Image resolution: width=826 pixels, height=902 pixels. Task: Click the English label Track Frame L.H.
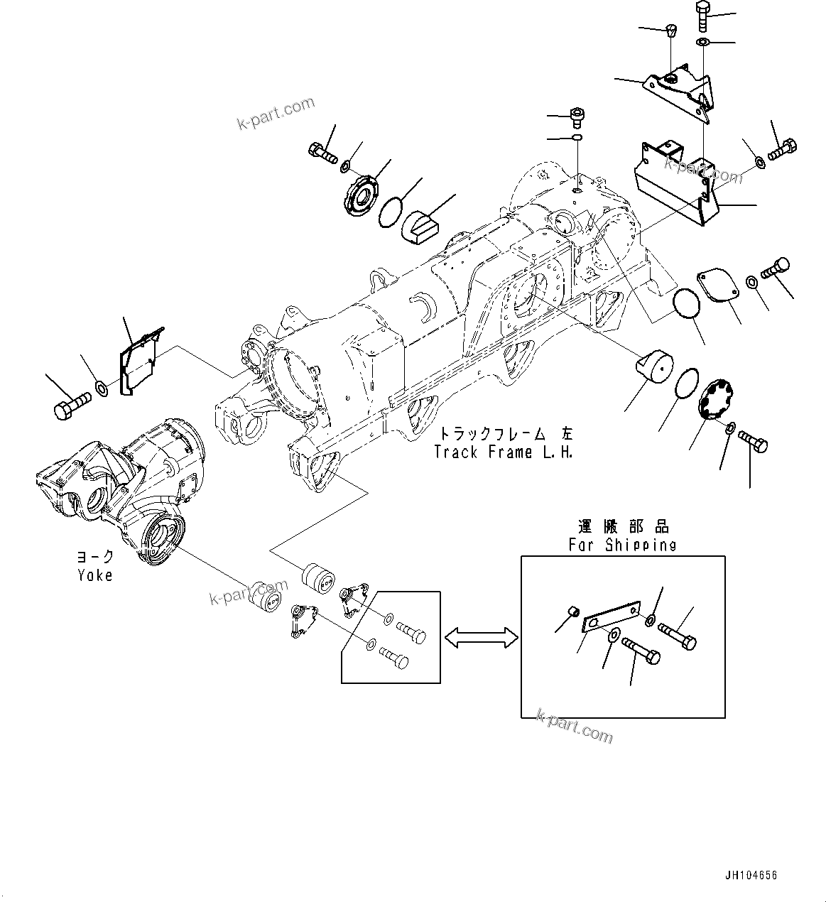[x=503, y=452]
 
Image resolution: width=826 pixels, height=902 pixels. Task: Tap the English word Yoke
[x=95, y=575]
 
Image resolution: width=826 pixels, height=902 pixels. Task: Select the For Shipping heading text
[x=622, y=545]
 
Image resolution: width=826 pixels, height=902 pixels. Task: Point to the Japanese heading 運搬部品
[x=622, y=526]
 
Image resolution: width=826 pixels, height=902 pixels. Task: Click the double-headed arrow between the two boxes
[x=481, y=637]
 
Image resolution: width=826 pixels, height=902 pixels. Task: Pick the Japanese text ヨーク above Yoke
[x=95, y=557]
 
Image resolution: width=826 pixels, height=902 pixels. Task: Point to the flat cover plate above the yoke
[x=140, y=360]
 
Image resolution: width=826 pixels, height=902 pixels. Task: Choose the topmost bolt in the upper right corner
[x=702, y=14]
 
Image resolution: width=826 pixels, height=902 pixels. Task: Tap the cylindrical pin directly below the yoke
[x=268, y=598]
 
